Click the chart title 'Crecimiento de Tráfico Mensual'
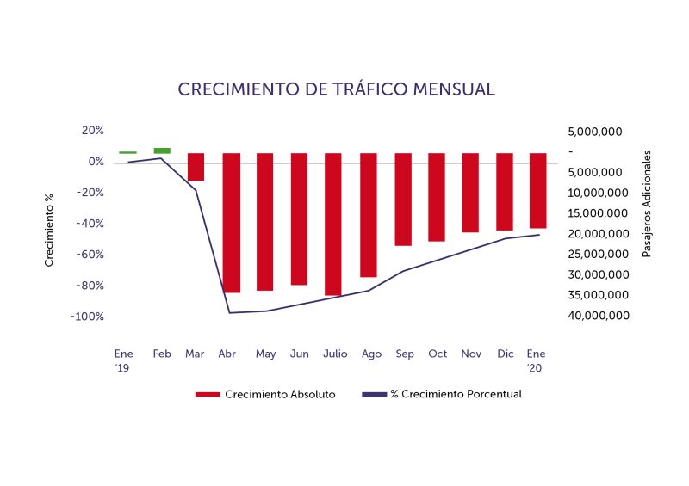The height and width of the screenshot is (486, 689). click(336, 89)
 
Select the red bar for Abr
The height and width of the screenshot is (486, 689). click(231, 222)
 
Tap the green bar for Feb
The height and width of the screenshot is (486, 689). click(162, 151)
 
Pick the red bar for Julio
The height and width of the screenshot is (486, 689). click(333, 224)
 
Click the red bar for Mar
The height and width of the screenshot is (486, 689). click(196, 167)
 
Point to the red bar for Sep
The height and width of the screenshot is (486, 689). click(403, 199)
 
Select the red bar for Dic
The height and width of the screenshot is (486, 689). click(504, 191)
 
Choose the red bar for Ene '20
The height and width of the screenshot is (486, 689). click(537, 190)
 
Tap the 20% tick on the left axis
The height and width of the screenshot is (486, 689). click(92, 131)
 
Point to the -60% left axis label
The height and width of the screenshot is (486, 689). click(89, 255)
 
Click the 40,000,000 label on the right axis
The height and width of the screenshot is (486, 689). click(599, 316)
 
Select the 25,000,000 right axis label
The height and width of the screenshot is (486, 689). click(599, 255)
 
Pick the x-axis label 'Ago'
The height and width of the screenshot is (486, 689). click(372, 354)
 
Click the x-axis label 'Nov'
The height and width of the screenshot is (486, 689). click(471, 354)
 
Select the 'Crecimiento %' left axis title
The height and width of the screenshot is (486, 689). click(49, 231)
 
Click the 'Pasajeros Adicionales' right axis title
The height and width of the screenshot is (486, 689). click(647, 203)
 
